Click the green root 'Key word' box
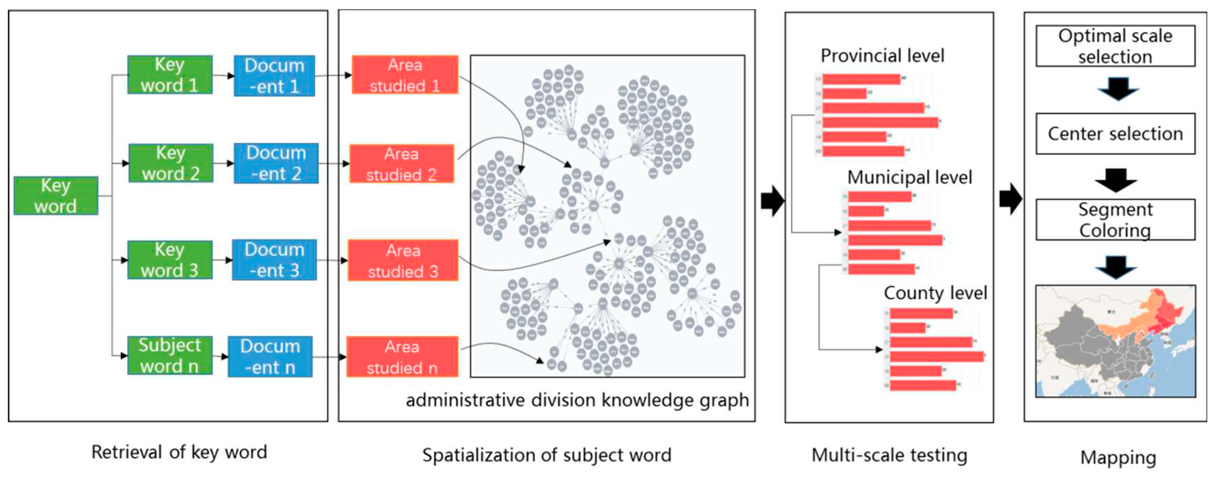tap(56, 196)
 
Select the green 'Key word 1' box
tap(170, 75)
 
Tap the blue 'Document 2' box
tap(276, 163)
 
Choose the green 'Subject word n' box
tap(170, 355)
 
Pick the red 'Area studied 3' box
tap(403, 260)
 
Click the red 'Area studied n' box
tap(402, 357)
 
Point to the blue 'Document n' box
tap(270, 356)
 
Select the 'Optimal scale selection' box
tap(1115, 46)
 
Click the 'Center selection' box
tap(1115, 134)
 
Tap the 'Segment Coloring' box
tap(1115, 220)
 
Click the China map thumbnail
tap(1115, 341)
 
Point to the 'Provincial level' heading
tap(882, 56)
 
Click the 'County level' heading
tap(935, 293)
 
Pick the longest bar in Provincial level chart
tap(880, 122)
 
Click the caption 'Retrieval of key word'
tap(179, 452)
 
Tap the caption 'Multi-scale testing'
tap(889, 455)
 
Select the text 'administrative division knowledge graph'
tap(577, 400)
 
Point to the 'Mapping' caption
tap(1118, 457)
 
